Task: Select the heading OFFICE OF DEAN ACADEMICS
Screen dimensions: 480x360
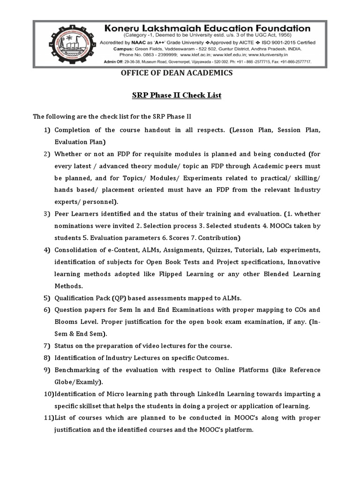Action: coord(177,73)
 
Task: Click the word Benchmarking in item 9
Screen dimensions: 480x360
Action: coord(77,370)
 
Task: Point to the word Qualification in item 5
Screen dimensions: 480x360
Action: coord(75,298)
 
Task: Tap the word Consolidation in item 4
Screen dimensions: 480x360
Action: coord(78,250)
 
